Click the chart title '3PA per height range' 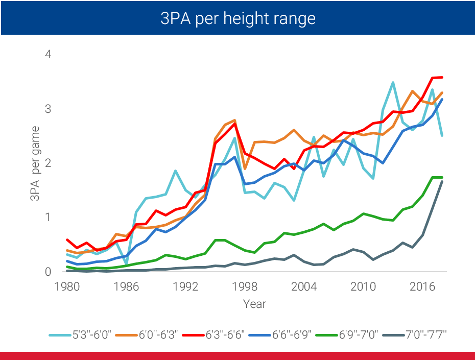pos(237,18)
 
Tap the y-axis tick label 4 pos(48,54)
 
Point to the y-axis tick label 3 pos(48,109)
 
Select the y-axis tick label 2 pos(48,163)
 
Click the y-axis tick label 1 pos(48,218)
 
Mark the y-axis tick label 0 pos(48,272)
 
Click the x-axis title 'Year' pos(254,304)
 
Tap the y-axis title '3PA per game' pos(36,163)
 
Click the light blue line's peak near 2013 pos(393,82)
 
